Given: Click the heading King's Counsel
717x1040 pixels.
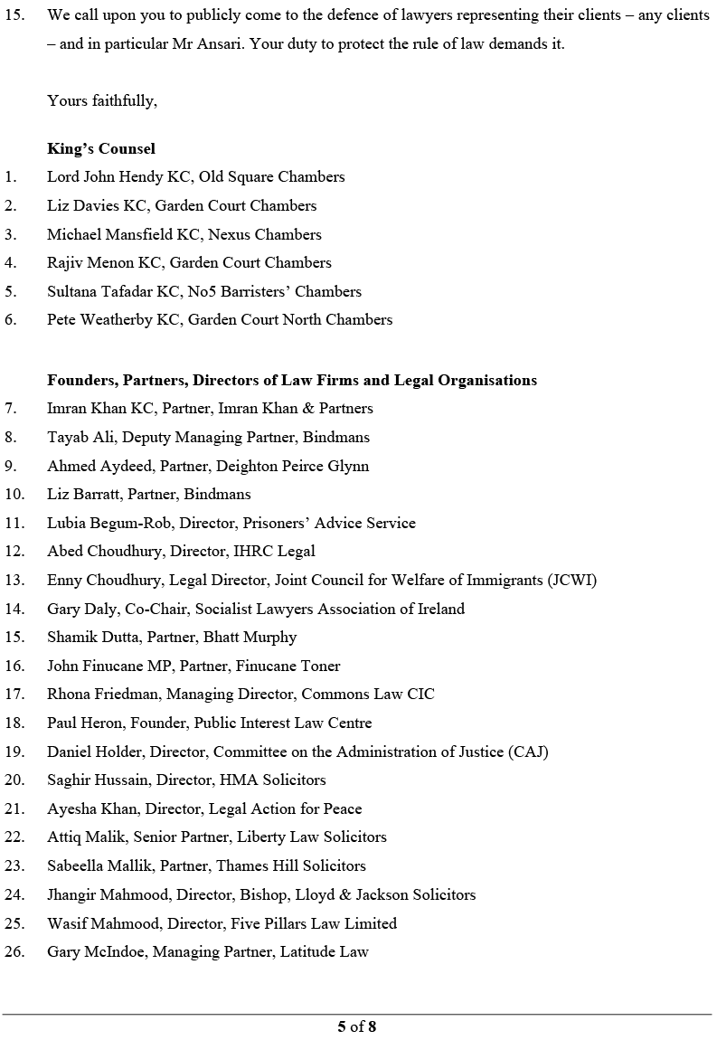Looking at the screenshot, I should pyautogui.click(x=101, y=148).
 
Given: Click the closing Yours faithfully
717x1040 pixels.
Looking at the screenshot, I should pyautogui.click(x=102, y=100).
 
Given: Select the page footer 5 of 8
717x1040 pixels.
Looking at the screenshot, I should pyautogui.click(x=356, y=1026).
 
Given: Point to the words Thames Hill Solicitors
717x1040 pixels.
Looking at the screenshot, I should pyautogui.click(x=290, y=865).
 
